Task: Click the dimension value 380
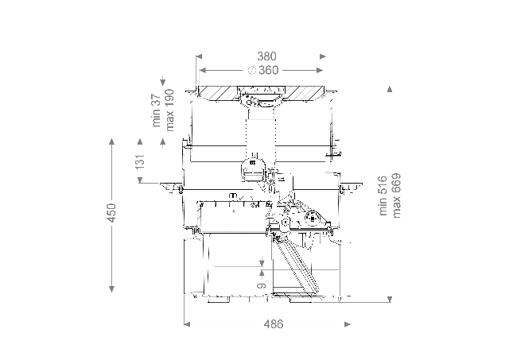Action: (266, 56)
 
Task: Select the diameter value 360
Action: (269, 70)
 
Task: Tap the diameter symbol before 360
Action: (252, 70)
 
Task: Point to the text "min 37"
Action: (157, 110)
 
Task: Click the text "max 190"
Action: (169, 110)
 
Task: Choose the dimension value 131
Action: (140, 161)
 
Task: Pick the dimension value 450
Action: (111, 213)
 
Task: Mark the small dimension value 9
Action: (262, 285)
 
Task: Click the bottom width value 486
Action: (274, 324)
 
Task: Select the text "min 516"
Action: (383, 195)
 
